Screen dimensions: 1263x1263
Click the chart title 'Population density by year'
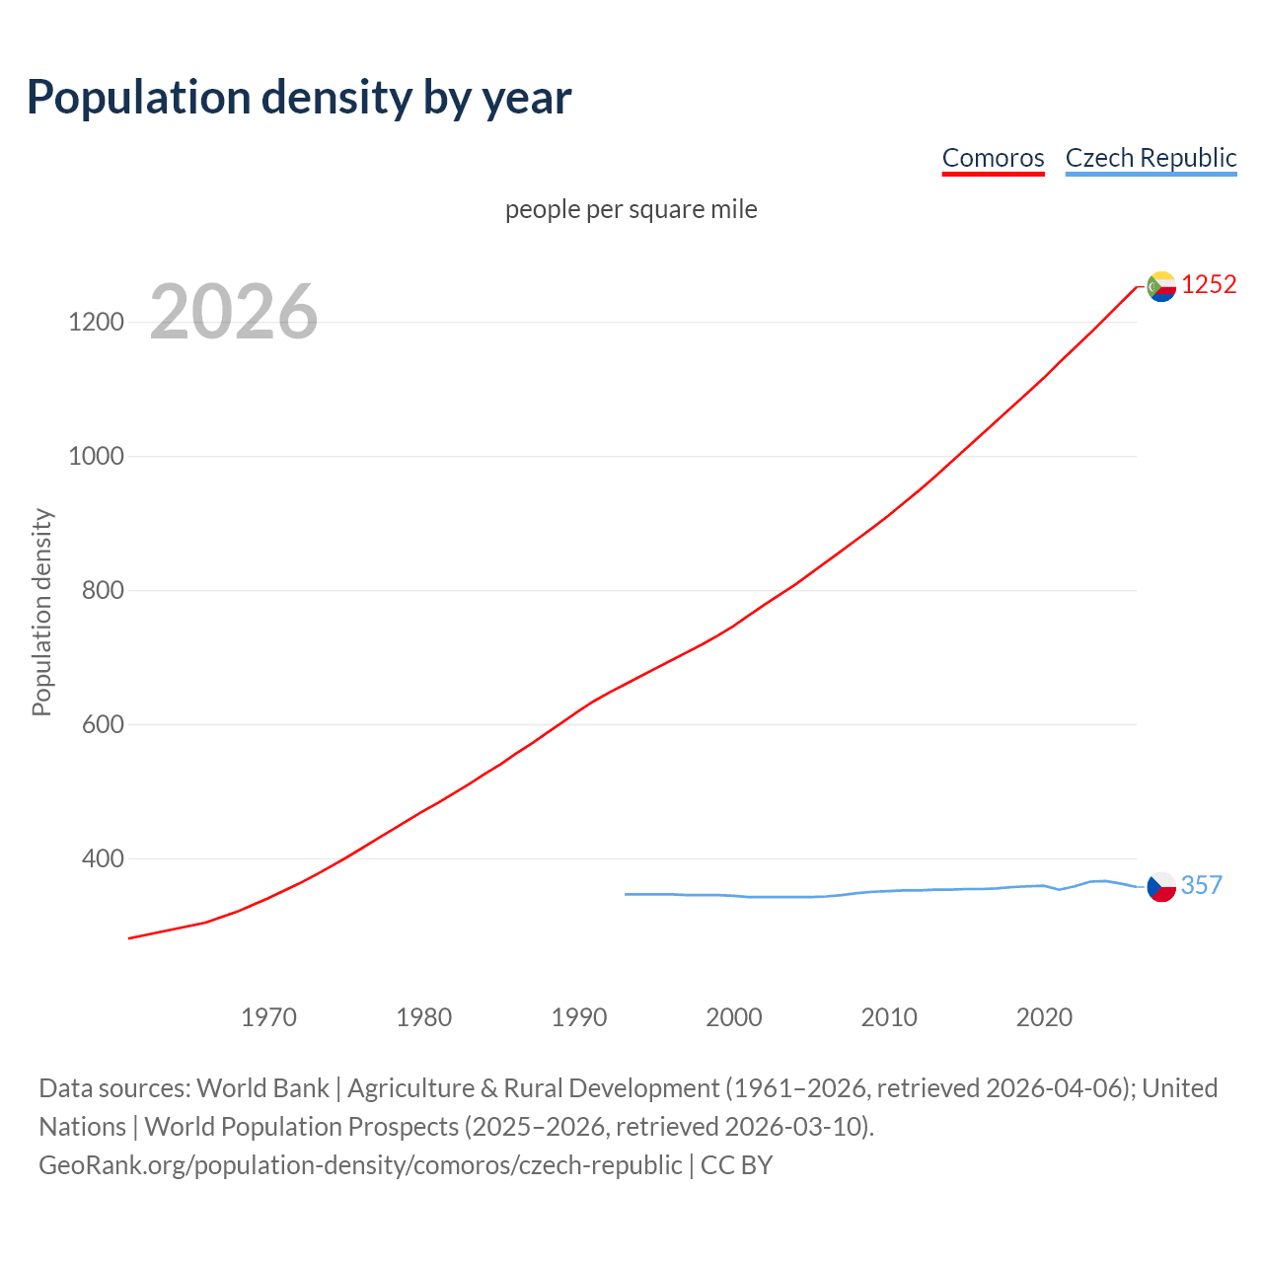(x=299, y=98)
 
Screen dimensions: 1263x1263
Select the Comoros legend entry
(x=993, y=158)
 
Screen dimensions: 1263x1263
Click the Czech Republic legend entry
(x=1151, y=158)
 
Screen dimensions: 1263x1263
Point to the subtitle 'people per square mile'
(x=631, y=210)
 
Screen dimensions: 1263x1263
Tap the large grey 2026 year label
(x=234, y=312)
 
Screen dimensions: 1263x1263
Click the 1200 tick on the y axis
(x=96, y=323)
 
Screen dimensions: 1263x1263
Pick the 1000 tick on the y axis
(x=96, y=457)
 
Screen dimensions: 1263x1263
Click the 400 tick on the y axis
(x=103, y=859)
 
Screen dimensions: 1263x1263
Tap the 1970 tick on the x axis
(x=268, y=1017)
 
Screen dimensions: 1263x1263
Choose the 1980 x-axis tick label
(x=423, y=1017)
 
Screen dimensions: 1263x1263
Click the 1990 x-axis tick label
(x=579, y=1017)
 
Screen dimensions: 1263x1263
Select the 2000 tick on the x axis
(x=734, y=1017)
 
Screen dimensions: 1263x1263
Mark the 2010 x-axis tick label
(x=889, y=1017)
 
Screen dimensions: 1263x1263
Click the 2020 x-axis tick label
(x=1044, y=1017)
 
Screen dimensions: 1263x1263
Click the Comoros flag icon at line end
(x=1161, y=286)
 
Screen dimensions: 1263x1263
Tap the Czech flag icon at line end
(x=1161, y=887)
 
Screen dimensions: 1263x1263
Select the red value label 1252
(x=1209, y=285)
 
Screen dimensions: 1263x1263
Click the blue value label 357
(x=1201, y=886)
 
